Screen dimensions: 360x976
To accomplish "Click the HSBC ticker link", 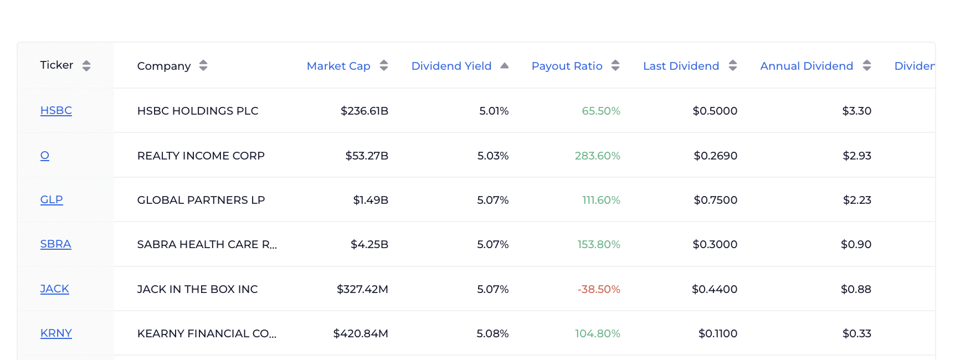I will click(56, 110).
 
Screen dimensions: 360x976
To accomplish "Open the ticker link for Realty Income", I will click(45, 156).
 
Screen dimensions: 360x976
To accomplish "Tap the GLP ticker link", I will click(52, 199).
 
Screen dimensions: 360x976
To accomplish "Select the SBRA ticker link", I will click(55, 244).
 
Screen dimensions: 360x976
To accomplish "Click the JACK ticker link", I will click(54, 289).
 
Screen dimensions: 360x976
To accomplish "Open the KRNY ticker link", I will click(56, 333).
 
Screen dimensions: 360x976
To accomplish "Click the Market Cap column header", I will click(338, 66).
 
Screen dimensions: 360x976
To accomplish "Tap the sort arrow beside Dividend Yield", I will click(504, 66).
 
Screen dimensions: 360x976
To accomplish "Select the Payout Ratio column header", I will click(567, 66).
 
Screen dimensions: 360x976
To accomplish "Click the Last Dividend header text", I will click(681, 66).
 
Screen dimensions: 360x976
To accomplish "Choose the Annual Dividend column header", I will click(806, 66).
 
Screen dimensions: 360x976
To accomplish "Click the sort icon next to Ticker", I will click(86, 66).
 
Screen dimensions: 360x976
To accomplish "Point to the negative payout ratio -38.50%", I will click(598, 289).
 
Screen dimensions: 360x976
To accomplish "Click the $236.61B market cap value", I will click(364, 111).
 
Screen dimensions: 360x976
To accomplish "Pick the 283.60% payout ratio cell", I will click(597, 156).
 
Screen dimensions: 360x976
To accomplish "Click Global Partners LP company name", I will click(201, 200).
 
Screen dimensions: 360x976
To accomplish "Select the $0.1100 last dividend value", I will click(717, 333).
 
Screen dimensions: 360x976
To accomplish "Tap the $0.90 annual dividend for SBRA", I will click(856, 244).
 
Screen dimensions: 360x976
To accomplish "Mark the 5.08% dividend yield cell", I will click(492, 333).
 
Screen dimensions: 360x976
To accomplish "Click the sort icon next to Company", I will click(203, 66).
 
